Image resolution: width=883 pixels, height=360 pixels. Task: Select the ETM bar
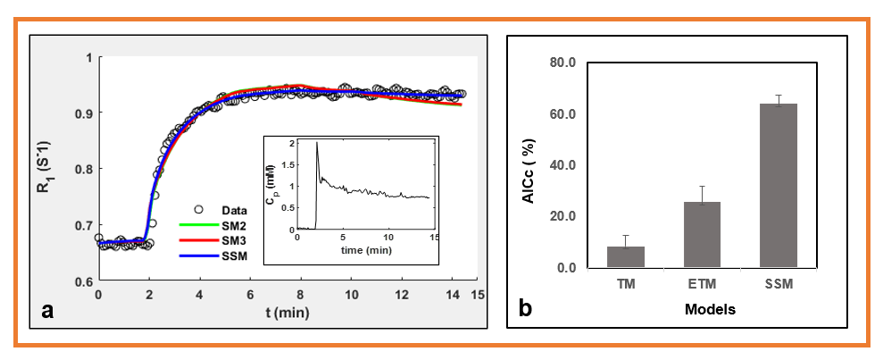click(702, 234)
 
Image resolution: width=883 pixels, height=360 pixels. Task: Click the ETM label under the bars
click(702, 285)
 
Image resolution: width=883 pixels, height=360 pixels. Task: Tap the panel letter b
click(527, 308)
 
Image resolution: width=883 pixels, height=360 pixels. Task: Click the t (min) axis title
click(288, 315)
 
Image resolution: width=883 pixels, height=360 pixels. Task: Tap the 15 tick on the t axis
click(478, 294)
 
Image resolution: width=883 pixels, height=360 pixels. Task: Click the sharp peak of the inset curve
click(317, 143)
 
